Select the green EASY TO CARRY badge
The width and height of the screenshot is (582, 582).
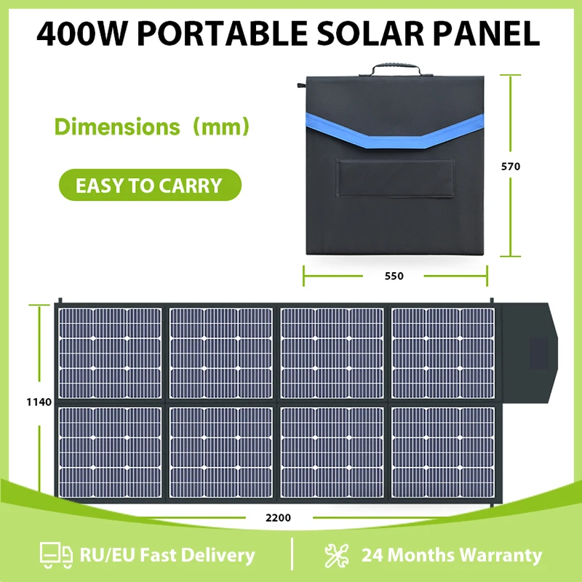coord(149,186)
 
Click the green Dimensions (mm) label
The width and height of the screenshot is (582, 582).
coord(153,127)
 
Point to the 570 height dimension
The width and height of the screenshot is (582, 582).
coord(511,167)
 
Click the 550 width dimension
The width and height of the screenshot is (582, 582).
coord(394,276)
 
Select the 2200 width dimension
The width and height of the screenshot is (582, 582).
coord(278,518)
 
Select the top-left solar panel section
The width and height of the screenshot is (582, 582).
coord(111,352)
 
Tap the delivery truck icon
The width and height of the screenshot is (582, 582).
coord(56,556)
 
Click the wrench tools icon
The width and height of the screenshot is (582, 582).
coord(338,556)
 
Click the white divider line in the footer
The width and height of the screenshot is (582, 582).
coord(292,556)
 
